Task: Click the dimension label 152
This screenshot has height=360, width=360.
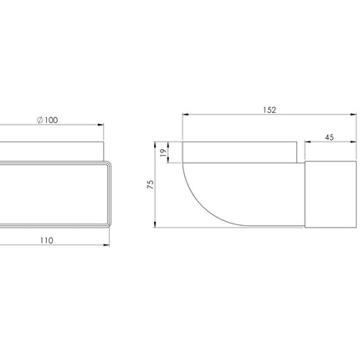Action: pos(270,110)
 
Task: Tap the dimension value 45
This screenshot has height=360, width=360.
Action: pos(329,137)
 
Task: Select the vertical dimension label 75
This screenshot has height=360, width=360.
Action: pos(151,184)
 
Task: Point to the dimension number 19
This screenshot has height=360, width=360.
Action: pos(164,152)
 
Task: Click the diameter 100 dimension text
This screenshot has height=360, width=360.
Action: pos(48,121)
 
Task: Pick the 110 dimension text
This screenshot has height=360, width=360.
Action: pos(46,240)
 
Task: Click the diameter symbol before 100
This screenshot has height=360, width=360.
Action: pos(40,121)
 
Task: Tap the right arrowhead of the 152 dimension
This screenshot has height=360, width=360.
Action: pos(353,114)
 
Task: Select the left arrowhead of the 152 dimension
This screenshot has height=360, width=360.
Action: pos(186,114)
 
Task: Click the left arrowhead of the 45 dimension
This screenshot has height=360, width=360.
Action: pos(308,141)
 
